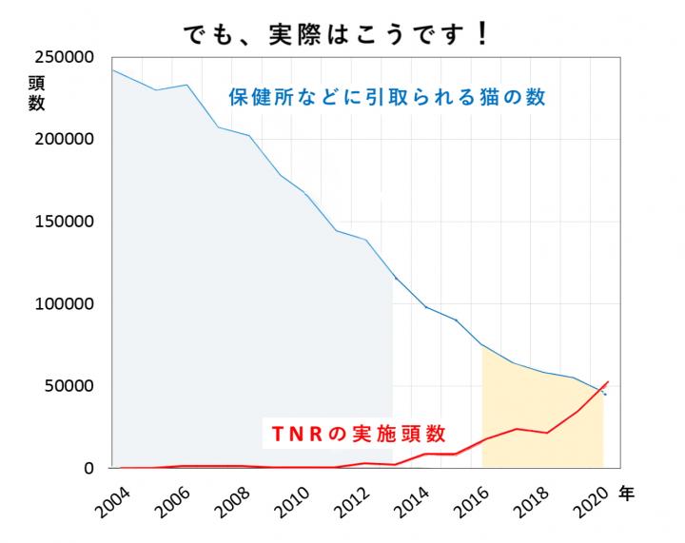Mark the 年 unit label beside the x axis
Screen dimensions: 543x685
[627, 494]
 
